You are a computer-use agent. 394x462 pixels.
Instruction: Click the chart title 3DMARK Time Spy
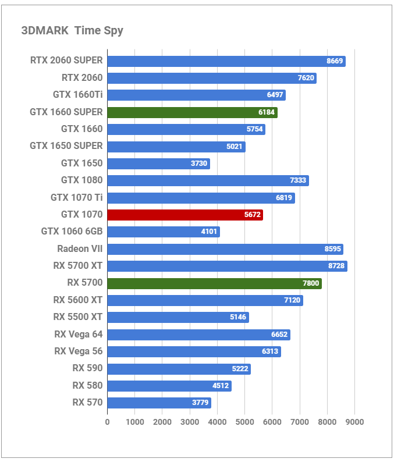coord(72,31)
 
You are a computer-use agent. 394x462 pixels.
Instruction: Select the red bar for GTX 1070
coord(185,215)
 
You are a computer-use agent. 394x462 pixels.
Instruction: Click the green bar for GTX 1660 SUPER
coord(192,112)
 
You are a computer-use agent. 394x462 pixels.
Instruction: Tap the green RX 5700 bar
coord(214,283)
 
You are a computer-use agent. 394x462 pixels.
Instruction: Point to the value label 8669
coord(335,61)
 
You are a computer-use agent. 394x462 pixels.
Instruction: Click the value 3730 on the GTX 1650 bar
coord(199,164)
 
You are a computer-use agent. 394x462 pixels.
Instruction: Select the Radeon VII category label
coord(80,249)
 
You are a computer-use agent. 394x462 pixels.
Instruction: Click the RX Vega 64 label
coord(79,335)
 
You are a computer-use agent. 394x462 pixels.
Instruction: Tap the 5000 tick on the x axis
coord(244,422)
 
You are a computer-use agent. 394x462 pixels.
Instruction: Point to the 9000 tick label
coord(354,422)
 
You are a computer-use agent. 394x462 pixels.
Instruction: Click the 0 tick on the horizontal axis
coord(107,422)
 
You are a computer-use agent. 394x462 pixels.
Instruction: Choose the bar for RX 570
coord(159,403)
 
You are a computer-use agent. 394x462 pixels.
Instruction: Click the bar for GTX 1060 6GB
coord(164,232)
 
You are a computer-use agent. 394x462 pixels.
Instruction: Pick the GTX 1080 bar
coord(208,180)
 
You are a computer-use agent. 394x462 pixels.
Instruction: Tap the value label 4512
coord(221,386)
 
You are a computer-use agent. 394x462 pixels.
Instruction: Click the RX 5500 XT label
coord(78,317)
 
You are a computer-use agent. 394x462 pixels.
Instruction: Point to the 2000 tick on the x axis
coord(162,422)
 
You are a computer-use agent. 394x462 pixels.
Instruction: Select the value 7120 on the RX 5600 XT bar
coord(292,300)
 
